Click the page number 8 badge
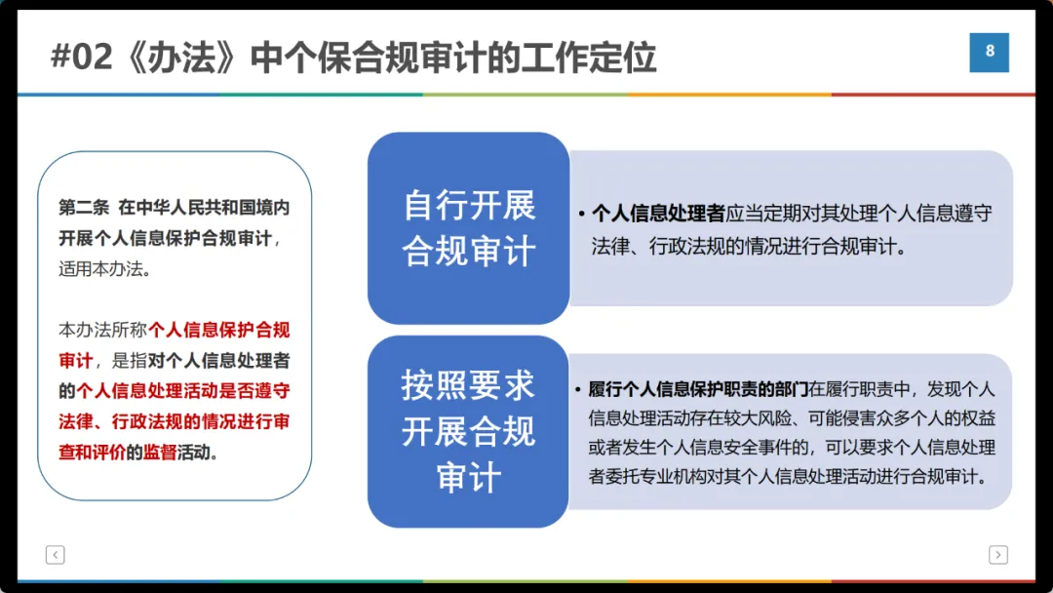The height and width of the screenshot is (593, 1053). tap(989, 52)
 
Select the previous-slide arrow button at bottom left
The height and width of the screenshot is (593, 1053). tap(55, 555)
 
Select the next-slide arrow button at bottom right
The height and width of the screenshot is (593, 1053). tap(997, 555)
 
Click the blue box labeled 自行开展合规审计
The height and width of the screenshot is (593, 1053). tap(468, 228)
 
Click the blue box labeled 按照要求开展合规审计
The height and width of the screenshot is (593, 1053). tap(468, 431)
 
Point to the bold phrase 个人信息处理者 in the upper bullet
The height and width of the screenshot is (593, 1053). tap(658, 214)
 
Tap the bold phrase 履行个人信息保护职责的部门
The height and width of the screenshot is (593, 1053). tap(698, 389)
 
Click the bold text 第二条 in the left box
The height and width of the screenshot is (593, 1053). tap(82, 209)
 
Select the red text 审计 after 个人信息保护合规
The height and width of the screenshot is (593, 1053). tap(75, 360)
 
